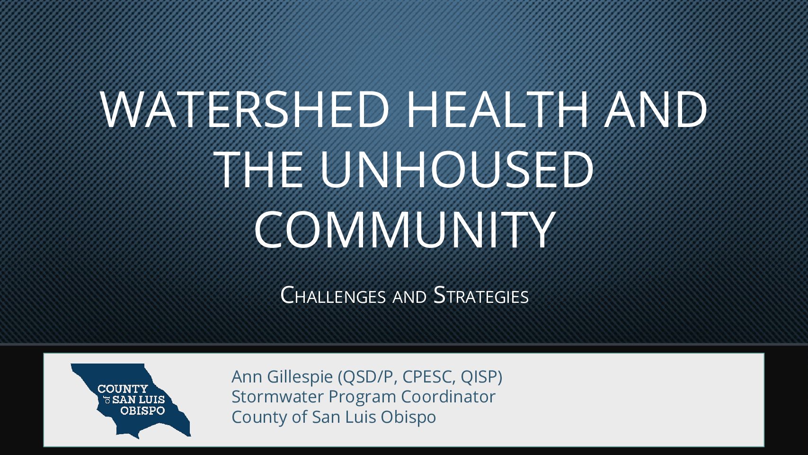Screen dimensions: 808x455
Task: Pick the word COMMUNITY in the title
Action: point(404,229)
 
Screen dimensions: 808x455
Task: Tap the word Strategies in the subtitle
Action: point(481,296)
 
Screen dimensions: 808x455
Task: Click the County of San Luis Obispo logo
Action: point(131,400)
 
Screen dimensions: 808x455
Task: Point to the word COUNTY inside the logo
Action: point(123,389)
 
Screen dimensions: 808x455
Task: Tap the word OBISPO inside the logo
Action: point(142,410)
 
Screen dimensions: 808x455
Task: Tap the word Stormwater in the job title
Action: point(276,397)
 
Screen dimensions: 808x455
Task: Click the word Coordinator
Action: point(448,397)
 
